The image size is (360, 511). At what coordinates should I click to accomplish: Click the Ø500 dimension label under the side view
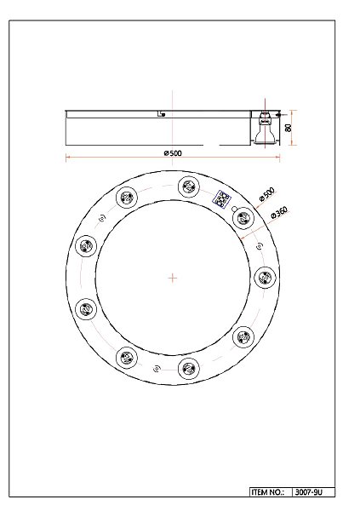173,152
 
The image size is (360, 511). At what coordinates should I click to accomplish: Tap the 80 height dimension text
288,128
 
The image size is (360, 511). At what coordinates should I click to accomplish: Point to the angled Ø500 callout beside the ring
267,194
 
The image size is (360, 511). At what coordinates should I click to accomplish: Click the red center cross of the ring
173,278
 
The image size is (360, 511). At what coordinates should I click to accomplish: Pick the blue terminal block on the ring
221,199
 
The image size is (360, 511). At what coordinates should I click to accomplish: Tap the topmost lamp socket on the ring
189,187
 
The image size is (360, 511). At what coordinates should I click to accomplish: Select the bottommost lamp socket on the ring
189,369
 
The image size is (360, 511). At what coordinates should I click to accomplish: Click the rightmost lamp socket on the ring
265,278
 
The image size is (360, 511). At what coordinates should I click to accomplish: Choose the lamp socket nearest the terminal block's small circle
243,218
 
